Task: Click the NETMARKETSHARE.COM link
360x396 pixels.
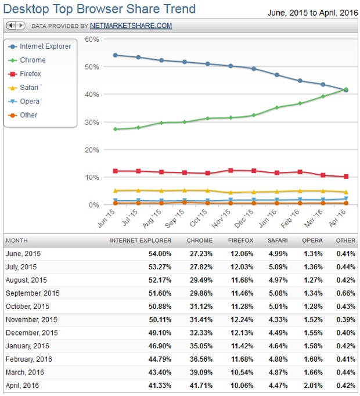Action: pyautogui.click(x=131, y=26)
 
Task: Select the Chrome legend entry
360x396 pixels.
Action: pyautogui.click(x=33, y=60)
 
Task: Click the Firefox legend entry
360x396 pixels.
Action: pyautogui.click(x=31, y=74)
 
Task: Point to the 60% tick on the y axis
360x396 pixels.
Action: pyautogui.click(x=92, y=39)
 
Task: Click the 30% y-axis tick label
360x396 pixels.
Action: pyautogui.click(x=92, y=122)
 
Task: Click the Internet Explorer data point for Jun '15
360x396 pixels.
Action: pyautogui.click(x=116, y=55)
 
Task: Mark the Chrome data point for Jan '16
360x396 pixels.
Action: pyautogui.click(x=277, y=107)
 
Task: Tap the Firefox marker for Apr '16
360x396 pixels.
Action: pyautogui.click(x=346, y=177)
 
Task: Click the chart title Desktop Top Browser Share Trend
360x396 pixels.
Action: pyautogui.click(x=100, y=9)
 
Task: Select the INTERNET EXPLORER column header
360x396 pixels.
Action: pyautogui.click(x=141, y=240)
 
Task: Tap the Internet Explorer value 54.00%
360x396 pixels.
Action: pyautogui.click(x=159, y=253)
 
